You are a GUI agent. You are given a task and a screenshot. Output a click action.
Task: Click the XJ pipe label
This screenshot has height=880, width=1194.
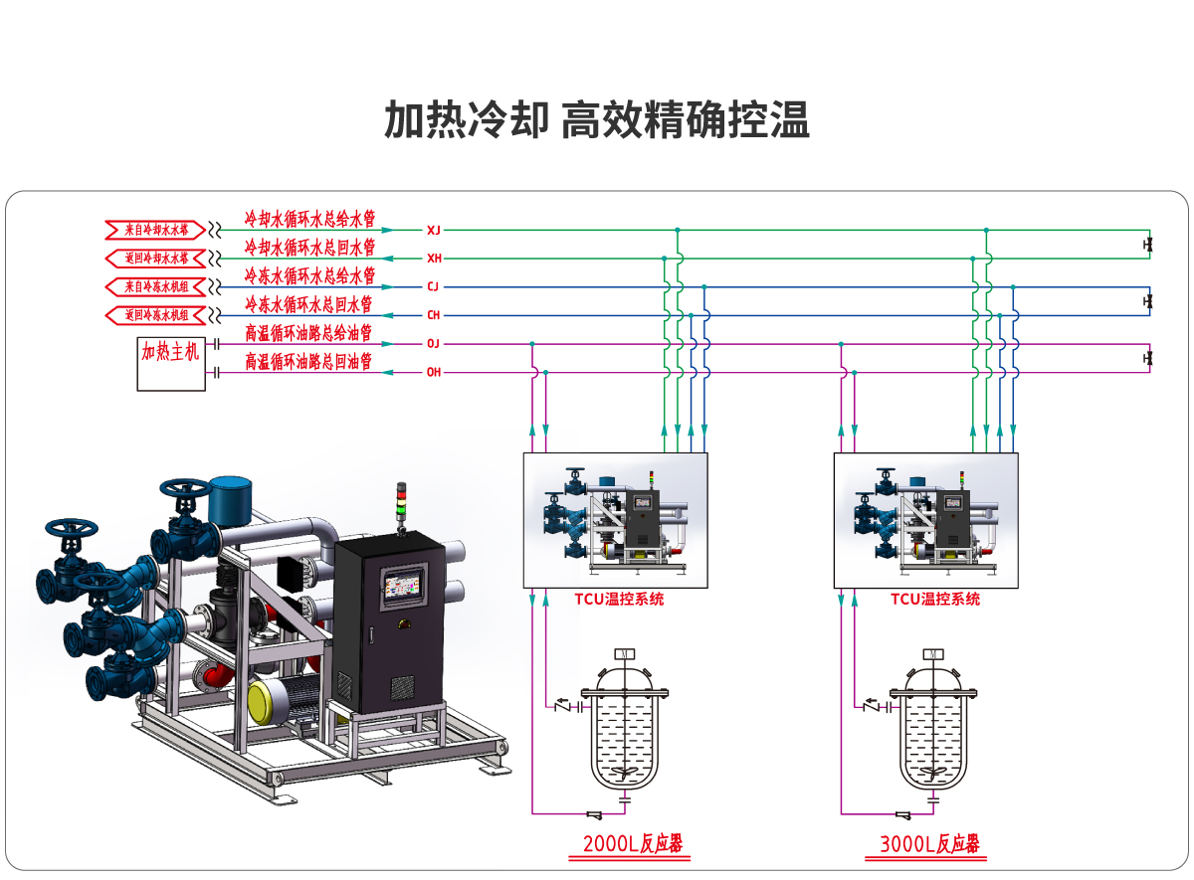pos(433,230)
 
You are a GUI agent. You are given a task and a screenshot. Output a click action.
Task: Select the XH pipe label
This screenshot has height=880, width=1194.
pos(433,259)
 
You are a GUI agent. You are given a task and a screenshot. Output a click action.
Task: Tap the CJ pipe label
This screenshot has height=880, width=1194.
pos(433,286)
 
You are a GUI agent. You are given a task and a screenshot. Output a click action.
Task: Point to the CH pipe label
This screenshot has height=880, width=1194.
pos(433,315)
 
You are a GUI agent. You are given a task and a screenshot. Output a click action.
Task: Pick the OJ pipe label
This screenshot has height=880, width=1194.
pos(433,344)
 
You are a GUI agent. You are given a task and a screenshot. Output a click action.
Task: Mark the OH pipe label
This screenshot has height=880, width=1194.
pos(433,373)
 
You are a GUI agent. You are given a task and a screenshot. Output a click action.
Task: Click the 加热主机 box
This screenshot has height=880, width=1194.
pos(171,363)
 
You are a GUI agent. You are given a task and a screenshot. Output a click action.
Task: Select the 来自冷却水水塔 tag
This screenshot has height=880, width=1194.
pos(155,230)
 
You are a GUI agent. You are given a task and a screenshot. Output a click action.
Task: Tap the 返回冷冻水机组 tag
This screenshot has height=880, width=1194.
pos(155,316)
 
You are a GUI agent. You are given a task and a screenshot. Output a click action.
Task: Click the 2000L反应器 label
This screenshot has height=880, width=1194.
pos(633,845)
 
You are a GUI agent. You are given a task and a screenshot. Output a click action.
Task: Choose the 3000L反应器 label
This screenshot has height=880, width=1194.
pos(929,845)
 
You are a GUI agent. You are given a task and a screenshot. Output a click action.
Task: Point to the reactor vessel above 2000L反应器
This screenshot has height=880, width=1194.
pos(624,731)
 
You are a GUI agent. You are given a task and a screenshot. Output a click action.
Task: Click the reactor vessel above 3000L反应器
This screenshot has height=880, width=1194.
pos(932,731)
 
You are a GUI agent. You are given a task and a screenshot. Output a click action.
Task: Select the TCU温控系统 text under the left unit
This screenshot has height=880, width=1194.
pos(619,599)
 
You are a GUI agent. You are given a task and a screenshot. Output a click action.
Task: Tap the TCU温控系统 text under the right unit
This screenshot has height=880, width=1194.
pos(934,599)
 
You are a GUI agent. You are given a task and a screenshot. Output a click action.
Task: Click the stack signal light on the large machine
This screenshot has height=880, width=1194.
pos(402,502)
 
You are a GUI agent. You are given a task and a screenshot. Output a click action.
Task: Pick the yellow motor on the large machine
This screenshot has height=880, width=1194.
pos(265,702)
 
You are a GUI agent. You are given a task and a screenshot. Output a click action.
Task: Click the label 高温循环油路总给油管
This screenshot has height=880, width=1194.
pos(308,333)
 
